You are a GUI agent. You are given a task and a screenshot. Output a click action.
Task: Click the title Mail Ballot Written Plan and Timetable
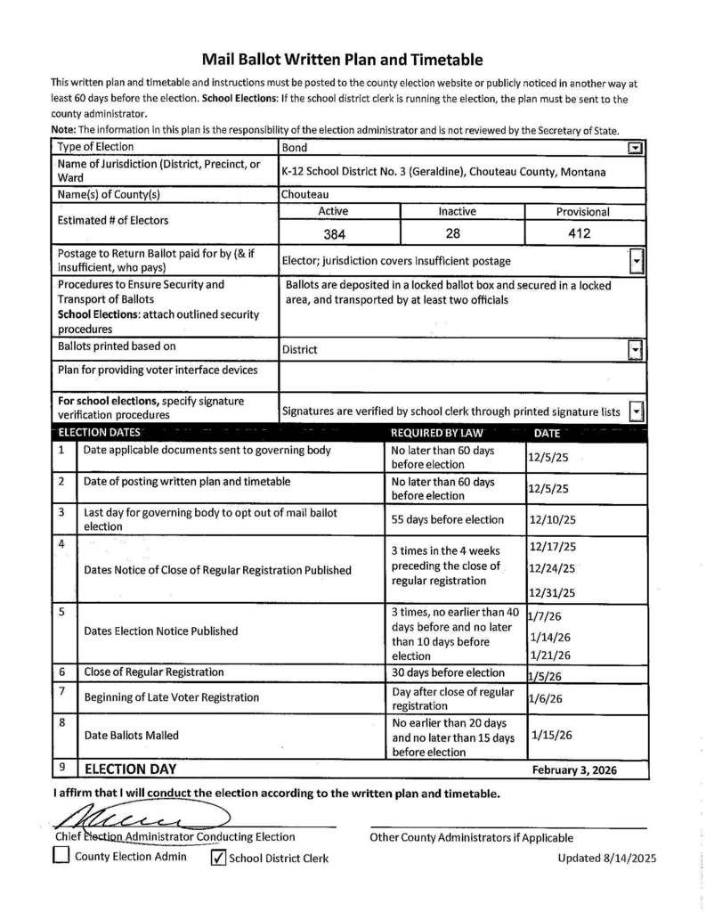[x=342, y=60]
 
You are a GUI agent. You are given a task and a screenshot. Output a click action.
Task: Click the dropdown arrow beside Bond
[x=635, y=148]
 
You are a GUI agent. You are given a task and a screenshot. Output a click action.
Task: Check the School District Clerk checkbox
[x=217, y=858]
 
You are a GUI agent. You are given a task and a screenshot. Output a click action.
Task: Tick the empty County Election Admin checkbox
[x=61, y=857]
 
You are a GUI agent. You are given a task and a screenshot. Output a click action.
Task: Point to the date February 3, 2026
[x=573, y=770]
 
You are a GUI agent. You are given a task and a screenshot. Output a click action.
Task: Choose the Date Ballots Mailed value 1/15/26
[x=552, y=736]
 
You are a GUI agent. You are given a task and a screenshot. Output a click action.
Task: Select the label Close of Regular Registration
[x=154, y=672]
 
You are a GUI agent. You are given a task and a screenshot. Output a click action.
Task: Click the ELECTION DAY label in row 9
[x=130, y=769]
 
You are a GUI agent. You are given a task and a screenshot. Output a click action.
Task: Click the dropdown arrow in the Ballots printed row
[x=635, y=350]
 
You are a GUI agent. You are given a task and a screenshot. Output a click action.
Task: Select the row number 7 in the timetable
[x=61, y=692]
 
